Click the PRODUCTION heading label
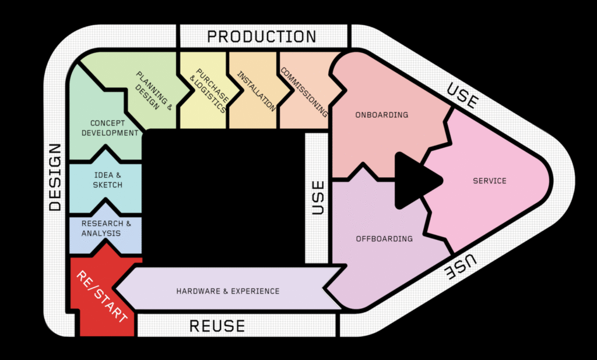click(262, 37)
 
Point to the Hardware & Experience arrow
click(228, 291)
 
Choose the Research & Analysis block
click(103, 228)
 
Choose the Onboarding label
click(382, 115)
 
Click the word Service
click(490, 181)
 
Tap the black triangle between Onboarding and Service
click(413, 180)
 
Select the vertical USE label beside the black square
click(318, 197)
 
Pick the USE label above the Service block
click(462, 95)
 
